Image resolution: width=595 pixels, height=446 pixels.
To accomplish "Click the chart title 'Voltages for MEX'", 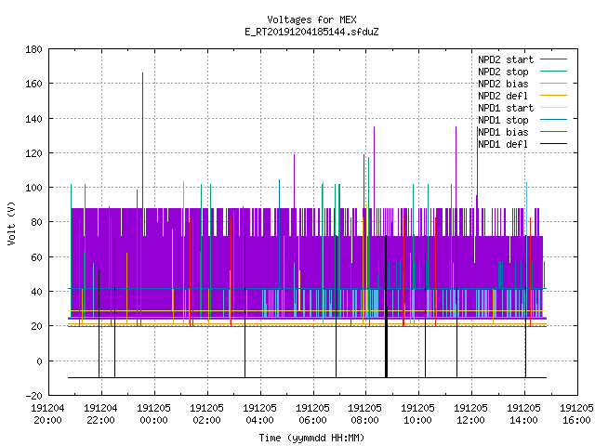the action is click(x=311, y=20).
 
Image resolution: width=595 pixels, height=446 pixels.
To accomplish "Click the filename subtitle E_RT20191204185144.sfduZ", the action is click(x=311, y=32).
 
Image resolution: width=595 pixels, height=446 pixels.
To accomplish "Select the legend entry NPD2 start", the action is click(x=522, y=59).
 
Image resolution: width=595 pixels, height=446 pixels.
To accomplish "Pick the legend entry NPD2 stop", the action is click(x=522, y=72).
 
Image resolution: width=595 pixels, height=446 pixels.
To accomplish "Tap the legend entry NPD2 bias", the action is click(x=522, y=84).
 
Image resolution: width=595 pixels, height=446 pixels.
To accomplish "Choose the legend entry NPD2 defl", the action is click(x=522, y=96).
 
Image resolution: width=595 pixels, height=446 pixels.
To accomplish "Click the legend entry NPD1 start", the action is click(x=522, y=108).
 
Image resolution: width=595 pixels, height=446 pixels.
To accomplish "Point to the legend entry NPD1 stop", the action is click(x=522, y=120).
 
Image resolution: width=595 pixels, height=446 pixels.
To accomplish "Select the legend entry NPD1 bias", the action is click(x=522, y=132).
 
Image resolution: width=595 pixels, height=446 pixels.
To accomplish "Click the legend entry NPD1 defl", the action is click(x=522, y=144).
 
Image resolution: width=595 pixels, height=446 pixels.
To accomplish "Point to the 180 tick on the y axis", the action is click(x=33, y=49).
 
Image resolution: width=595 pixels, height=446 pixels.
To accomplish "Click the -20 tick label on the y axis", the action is click(x=33, y=396).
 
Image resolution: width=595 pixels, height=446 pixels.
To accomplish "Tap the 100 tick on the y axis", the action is click(x=33, y=188).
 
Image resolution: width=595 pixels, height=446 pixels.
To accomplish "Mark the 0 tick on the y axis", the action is click(x=39, y=361).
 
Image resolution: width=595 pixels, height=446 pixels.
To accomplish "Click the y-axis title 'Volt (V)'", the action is click(x=11, y=223).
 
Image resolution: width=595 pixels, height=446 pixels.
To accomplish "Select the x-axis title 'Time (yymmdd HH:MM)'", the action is click(x=311, y=438).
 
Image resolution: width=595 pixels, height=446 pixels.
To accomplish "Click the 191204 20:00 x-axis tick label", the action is click(x=47, y=414).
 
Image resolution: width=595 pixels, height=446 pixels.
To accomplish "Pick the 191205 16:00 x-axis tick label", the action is click(x=576, y=414).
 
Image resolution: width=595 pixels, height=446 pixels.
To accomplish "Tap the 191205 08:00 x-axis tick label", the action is click(x=365, y=414).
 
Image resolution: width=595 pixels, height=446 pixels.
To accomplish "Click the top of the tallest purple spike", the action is click(x=142, y=72).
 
